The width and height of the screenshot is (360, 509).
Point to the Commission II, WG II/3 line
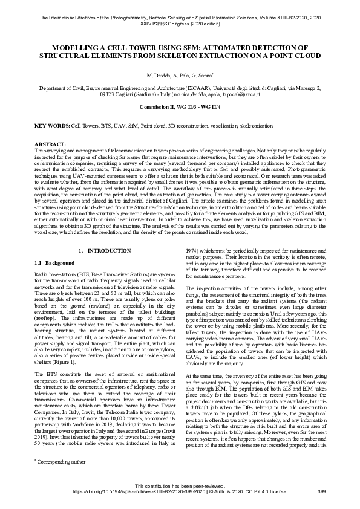tap(180, 106)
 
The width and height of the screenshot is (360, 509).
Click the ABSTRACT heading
tap(50, 144)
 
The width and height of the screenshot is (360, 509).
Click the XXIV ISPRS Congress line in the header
tap(180, 25)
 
